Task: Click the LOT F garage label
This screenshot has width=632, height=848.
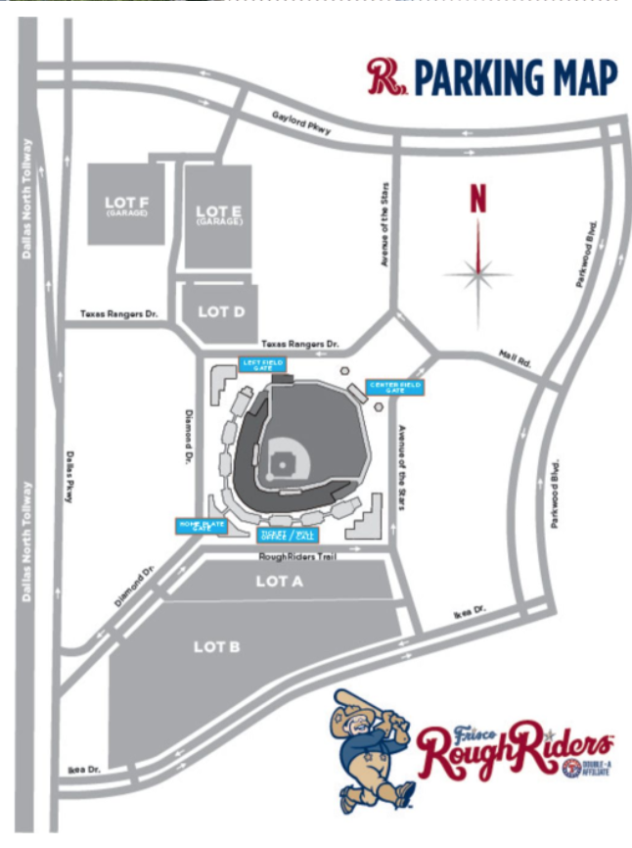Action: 126,206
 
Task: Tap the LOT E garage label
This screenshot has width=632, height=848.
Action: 217,213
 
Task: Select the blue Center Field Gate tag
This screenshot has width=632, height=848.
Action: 394,387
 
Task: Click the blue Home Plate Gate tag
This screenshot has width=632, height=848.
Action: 200,526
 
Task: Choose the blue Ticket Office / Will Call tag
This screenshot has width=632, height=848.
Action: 287,535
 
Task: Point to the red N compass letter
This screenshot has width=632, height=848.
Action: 478,200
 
